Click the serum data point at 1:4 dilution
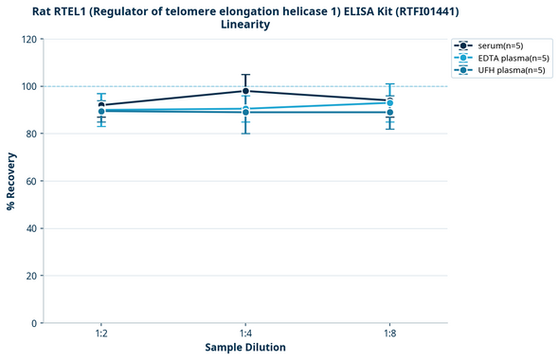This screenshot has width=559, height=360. [245, 91]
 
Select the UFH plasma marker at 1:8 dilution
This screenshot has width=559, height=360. [389, 113]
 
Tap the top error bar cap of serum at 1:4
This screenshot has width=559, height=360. [245, 75]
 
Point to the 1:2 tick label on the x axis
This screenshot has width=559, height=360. [101, 333]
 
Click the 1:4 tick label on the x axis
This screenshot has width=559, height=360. [245, 333]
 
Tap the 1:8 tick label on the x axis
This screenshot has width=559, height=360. [389, 333]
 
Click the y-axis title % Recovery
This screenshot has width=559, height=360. [11, 180]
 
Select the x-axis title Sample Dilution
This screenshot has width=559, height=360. [245, 348]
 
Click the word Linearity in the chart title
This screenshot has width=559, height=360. [245, 25]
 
